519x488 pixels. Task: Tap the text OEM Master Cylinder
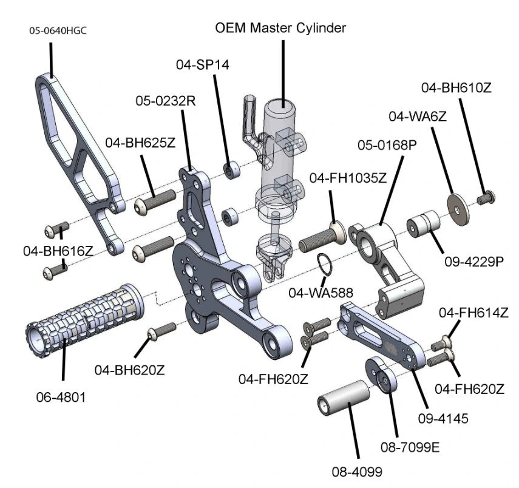click(x=281, y=27)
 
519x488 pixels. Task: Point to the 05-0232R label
click(x=165, y=101)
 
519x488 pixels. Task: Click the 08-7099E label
click(x=410, y=448)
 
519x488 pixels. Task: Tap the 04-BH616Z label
click(x=58, y=250)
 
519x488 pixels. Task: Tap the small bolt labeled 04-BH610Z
click(x=487, y=197)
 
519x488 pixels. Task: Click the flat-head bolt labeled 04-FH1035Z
click(x=322, y=240)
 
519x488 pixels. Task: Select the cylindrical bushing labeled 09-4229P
click(x=424, y=224)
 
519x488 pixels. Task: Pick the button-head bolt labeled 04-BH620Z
click(x=161, y=331)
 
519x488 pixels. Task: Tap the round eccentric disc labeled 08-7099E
click(x=381, y=376)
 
